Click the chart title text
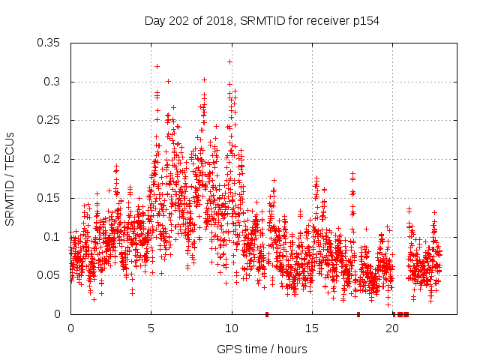pyautogui.click(x=262, y=21)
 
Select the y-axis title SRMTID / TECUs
pyautogui.click(x=10, y=178)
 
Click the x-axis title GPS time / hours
pyautogui.click(x=262, y=349)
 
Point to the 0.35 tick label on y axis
pyautogui.click(x=49, y=43)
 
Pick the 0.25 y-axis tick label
pyautogui.click(x=49, y=120)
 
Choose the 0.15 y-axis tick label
pyautogui.click(x=49, y=198)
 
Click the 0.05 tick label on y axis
pyautogui.click(x=49, y=275)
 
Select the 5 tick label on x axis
pyautogui.click(x=151, y=328)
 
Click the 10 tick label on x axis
pyautogui.click(x=232, y=328)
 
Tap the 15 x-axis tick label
pyautogui.click(x=312, y=328)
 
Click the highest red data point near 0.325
pyautogui.click(x=230, y=61)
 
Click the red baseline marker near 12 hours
pyautogui.click(x=267, y=314)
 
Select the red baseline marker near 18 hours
pyautogui.click(x=358, y=314)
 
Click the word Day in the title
pyautogui.click(x=154, y=21)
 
